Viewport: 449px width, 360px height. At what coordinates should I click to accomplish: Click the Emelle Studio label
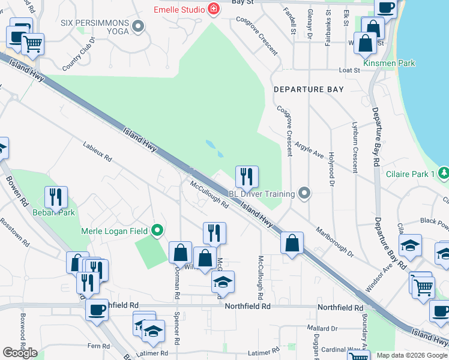(178, 10)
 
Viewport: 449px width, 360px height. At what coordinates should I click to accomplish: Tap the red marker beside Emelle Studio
(212, 9)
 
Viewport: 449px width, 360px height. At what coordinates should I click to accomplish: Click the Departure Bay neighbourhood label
(309, 89)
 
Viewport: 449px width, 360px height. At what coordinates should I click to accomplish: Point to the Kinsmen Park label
(389, 63)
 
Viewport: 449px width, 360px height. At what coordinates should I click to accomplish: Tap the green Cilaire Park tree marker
(444, 173)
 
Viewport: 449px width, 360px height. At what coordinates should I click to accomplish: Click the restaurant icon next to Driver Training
(247, 176)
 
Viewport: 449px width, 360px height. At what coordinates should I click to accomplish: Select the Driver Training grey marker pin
(304, 193)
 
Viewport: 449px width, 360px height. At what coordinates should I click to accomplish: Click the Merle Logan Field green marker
(157, 230)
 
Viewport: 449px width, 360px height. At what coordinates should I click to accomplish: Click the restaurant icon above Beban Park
(55, 196)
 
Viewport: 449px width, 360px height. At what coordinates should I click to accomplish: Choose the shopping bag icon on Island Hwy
(292, 243)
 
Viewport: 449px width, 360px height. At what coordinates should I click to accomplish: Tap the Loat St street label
(349, 70)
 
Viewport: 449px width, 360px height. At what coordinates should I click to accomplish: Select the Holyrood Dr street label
(331, 169)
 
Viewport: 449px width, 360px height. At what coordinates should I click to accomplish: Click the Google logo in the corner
(20, 353)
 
